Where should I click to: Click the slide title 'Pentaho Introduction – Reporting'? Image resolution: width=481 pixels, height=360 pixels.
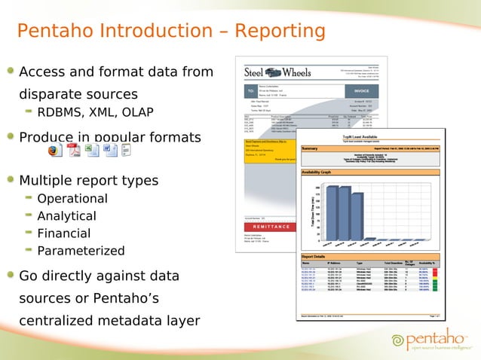[171, 31]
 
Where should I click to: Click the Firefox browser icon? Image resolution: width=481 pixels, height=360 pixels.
[54, 151]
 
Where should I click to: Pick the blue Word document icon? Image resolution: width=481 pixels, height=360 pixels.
[109, 151]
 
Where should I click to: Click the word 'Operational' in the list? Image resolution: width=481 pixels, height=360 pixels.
[72, 199]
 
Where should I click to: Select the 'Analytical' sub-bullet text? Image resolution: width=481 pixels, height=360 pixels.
[66, 216]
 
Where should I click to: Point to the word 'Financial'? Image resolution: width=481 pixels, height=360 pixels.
[63, 233]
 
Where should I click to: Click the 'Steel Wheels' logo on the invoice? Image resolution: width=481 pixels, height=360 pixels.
[277, 73]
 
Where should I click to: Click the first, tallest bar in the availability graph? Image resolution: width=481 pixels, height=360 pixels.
[332, 212]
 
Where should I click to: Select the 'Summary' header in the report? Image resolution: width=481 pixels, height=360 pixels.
[310, 149]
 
